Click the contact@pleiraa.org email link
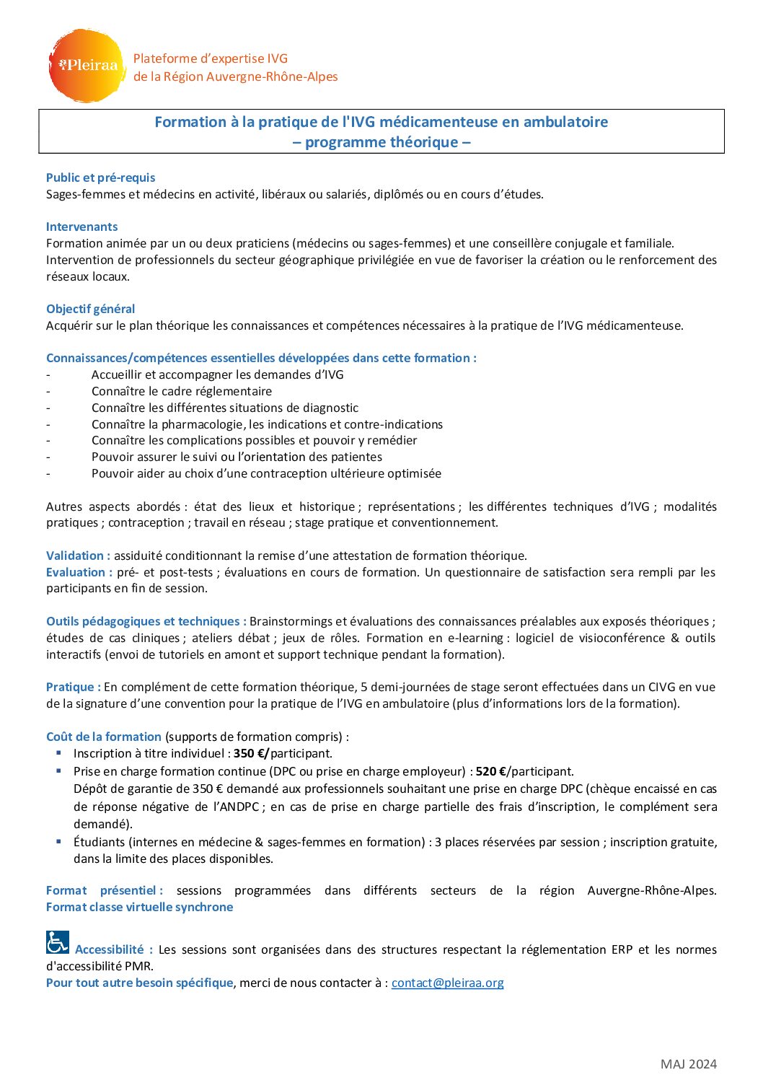click(447, 983)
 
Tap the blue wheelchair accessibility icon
click(58, 942)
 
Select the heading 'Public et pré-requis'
click(100, 177)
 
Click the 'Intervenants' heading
click(81, 227)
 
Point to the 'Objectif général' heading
click(90, 309)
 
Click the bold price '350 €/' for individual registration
click(251, 753)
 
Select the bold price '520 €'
click(490, 771)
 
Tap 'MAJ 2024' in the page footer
click(688, 1064)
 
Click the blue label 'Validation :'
click(78, 556)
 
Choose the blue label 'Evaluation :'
click(79, 572)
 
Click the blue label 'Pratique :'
click(73, 687)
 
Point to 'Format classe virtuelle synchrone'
click(139, 907)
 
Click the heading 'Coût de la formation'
click(103, 737)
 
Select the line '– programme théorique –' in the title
click(381, 142)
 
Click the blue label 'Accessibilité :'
click(113, 949)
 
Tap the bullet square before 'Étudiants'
click(58, 841)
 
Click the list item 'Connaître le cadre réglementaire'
click(182, 391)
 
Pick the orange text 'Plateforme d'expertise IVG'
click(210, 58)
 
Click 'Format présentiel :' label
click(105, 890)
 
